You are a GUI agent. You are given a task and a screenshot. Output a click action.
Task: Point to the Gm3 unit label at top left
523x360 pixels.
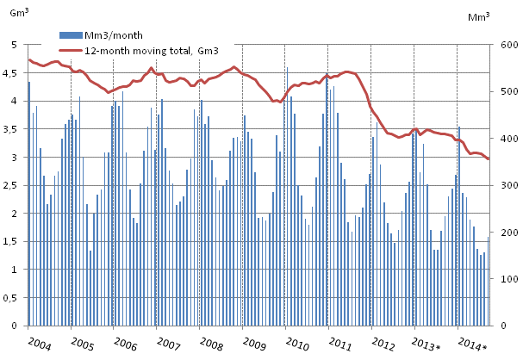pyautogui.click(x=19, y=12)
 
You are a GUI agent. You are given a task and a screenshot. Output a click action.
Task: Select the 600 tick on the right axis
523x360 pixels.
pyautogui.click(x=505, y=45)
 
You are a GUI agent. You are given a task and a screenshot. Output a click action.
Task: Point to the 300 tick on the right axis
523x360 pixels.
pyautogui.click(x=505, y=186)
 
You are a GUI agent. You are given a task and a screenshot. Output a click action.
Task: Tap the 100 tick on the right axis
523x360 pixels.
pyautogui.click(x=505, y=280)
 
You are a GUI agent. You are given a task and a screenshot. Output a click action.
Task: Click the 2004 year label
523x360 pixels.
pyautogui.click(x=38, y=344)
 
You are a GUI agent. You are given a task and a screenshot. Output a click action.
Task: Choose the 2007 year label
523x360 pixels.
pyautogui.click(x=168, y=344)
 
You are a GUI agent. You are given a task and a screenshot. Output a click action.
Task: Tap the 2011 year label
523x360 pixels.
pyautogui.click(x=340, y=344)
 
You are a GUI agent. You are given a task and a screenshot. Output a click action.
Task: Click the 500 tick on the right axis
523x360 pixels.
pyautogui.click(x=505, y=92)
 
